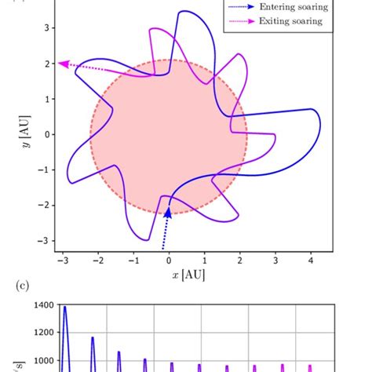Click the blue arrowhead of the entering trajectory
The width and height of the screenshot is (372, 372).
pos(167,210)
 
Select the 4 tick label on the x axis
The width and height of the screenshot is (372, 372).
pos(310,260)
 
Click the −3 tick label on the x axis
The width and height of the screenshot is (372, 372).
pos(60,260)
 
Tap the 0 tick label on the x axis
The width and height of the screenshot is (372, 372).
pos(168,260)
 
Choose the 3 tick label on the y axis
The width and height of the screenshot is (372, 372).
pos(48,28)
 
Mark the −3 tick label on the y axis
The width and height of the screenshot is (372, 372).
pos(46,241)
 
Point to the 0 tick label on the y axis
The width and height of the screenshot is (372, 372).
pos(48,134)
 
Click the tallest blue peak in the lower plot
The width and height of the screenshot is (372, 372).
pos(64,308)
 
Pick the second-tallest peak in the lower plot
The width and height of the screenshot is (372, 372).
pos(93,338)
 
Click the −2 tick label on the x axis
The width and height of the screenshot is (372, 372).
pos(96,260)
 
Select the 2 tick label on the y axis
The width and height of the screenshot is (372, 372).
pos(48,64)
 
